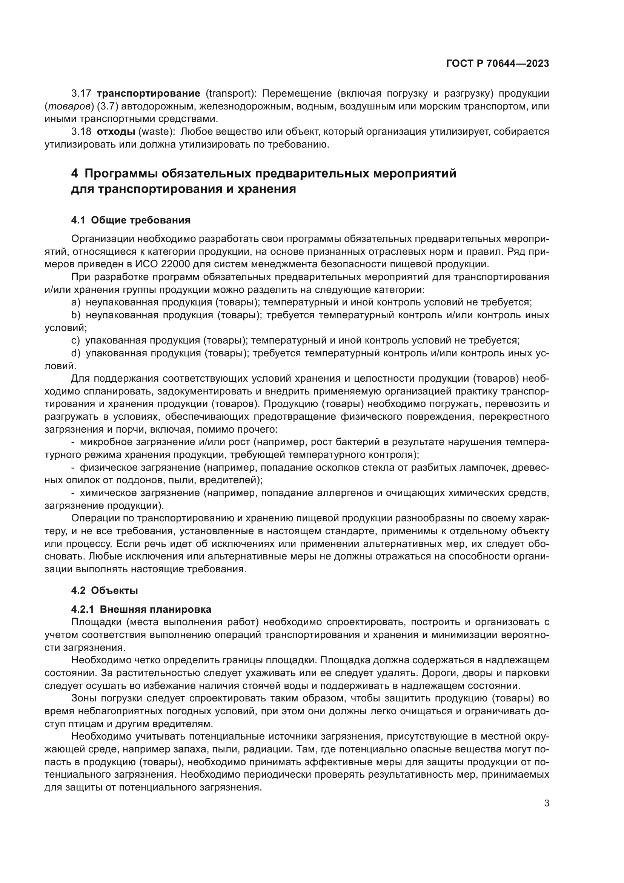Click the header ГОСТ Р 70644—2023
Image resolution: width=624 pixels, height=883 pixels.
497,64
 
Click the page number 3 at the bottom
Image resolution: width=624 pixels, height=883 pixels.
546,803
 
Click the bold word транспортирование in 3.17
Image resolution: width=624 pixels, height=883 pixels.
148,94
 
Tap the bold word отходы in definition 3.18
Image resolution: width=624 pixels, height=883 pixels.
116,132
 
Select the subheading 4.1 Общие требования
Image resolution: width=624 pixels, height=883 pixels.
131,220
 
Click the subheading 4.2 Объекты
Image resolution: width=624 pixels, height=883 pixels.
104,590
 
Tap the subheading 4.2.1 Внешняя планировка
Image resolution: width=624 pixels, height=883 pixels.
141,610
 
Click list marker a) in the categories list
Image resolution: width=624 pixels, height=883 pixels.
76,302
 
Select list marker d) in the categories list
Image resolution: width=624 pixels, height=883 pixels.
76,353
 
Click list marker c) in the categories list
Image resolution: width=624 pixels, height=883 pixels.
75,341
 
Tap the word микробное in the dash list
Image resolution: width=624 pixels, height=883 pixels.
104,442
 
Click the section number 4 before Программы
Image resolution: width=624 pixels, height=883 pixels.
75,174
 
